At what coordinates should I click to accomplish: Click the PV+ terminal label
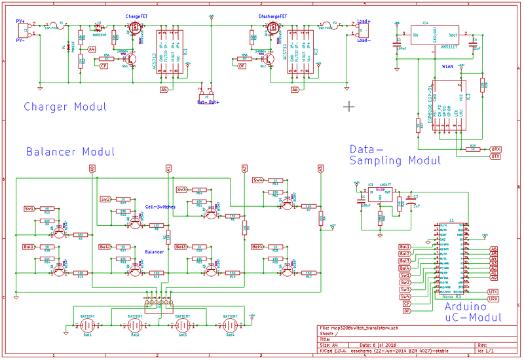tap(20, 21)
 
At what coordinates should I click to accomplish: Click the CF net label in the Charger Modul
tap(103, 66)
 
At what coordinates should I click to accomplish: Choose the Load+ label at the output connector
tap(364, 21)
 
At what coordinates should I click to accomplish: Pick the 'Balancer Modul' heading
tap(71, 152)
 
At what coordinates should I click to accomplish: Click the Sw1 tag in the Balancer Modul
tap(29, 209)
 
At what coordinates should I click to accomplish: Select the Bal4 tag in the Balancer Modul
tap(257, 247)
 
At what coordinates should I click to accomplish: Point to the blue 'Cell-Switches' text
tap(160, 206)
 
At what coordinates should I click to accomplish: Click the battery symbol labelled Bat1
tap(88, 324)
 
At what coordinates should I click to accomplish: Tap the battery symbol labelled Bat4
tap(229, 324)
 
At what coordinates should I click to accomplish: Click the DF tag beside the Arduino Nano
tap(406, 312)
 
